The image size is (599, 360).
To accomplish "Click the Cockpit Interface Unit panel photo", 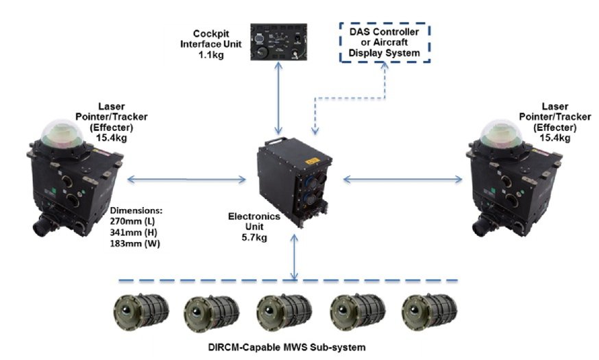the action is (x=278, y=42).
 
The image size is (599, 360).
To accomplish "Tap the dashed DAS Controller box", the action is (x=384, y=24).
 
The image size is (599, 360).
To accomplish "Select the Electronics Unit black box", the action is (x=294, y=182).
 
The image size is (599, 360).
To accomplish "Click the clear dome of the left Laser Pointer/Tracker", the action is (x=62, y=134).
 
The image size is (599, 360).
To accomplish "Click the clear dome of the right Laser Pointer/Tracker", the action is (x=502, y=134).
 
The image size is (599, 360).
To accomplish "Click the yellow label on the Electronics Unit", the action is (x=312, y=161).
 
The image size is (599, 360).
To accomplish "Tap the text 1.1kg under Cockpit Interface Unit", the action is (x=211, y=55).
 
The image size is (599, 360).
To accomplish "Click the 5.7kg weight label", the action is (x=254, y=237).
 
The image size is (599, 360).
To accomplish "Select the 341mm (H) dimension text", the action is (x=134, y=232).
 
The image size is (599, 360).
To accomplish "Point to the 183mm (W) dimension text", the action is (x=135, y=243).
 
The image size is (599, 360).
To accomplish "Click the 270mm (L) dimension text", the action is (x=132, y=221).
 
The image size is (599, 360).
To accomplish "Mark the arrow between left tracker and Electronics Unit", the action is (x=186, y=179).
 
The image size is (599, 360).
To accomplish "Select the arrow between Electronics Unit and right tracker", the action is (x=403, y=179).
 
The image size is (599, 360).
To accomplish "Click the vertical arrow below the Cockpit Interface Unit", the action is (x=278, y=98).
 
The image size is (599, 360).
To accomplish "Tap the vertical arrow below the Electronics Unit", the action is (x=294, y=257).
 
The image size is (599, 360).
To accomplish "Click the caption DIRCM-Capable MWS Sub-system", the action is (x=287, y=348).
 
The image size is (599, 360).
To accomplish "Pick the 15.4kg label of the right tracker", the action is (x=554, y=138).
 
